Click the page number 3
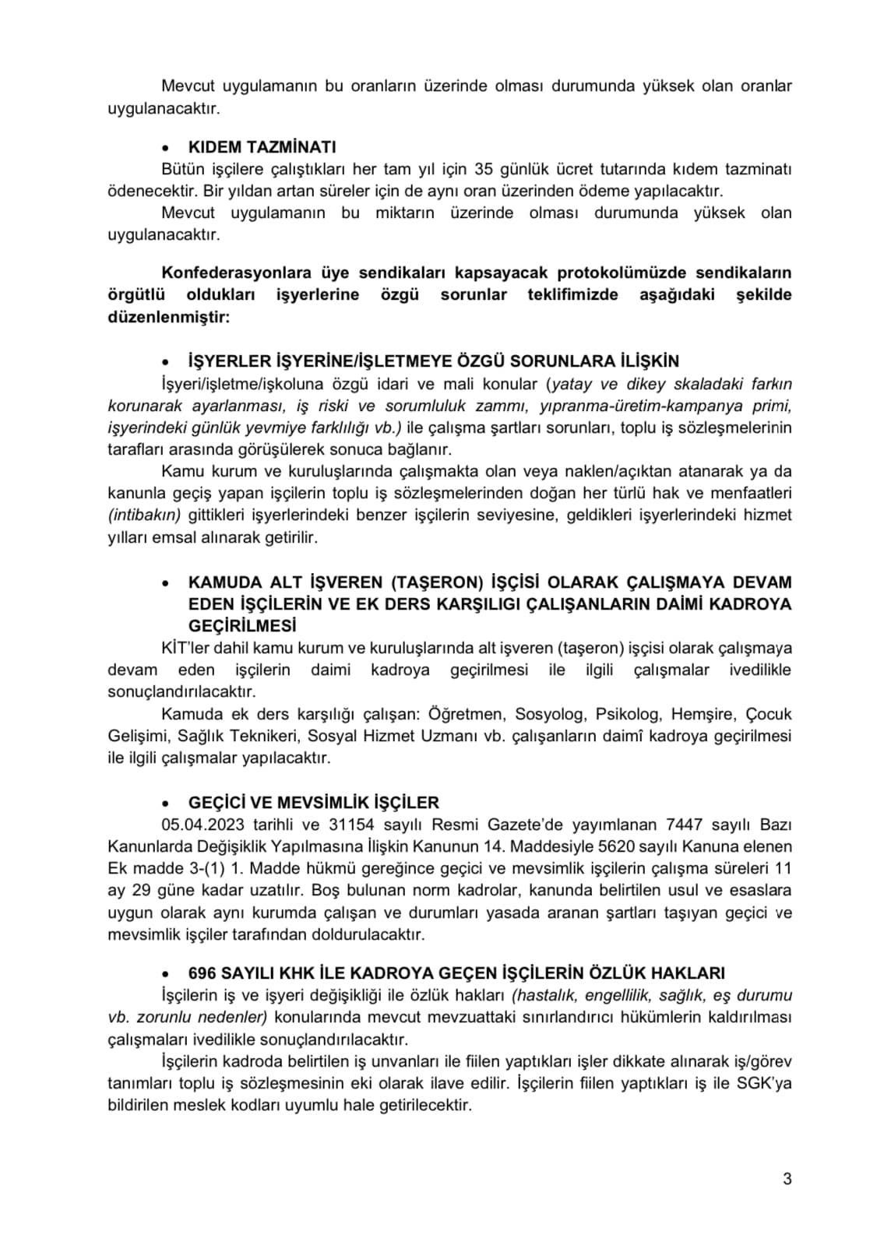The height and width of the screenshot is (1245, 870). [x=787, y=1179]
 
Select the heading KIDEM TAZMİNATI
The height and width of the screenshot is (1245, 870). [x=262, y=147]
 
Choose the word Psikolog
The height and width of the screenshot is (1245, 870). [x=629, y=714]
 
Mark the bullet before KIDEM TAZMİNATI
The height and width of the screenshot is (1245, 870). [x=165, y=148]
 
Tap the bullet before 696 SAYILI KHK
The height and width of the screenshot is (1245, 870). [x=165, y=974]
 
